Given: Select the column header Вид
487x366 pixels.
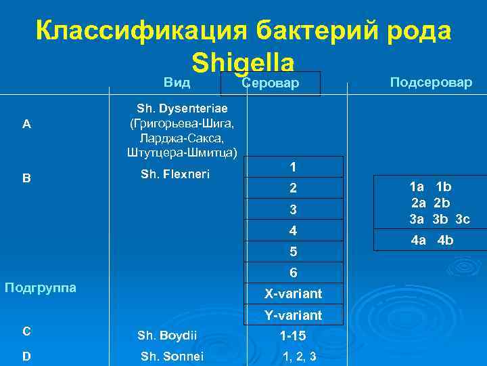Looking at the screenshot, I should [177, 82].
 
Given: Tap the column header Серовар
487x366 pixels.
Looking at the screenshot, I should [270, 83].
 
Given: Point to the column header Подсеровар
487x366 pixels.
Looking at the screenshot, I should [431, 82].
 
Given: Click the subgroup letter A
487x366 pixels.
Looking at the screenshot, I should [26, 123].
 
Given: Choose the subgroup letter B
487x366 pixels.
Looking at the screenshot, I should [26, 178].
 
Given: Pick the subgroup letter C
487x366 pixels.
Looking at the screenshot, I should [26, 331].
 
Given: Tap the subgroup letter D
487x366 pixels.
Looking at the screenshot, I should [26, 355].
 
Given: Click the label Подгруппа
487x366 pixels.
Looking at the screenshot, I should [40, 287].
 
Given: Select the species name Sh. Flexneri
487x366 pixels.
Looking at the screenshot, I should [175, 174].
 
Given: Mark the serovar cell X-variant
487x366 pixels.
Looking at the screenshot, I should [293, 294].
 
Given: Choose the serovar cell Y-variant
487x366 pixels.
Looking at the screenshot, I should [293, 316].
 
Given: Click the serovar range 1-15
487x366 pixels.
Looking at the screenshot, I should [293, 335].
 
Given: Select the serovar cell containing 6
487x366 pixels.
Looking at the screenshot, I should [293, 273].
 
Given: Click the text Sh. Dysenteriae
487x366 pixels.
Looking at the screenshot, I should [182, 108].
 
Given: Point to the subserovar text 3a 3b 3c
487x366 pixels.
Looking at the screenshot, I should [439, 218].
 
